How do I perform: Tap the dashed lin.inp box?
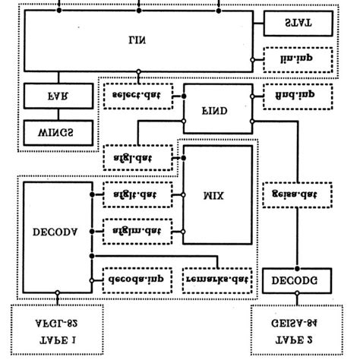tap(298, 57)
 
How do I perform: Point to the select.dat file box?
tap(137, 96)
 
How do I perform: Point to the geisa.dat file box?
tap(298, 194)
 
